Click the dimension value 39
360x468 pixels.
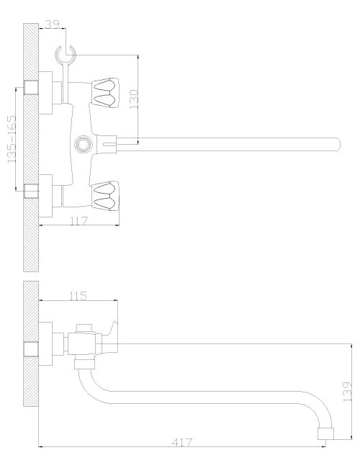point(52,24)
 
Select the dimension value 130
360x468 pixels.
point(134,99)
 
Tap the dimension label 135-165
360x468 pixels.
point(12,139)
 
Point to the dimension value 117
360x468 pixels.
point(78,221)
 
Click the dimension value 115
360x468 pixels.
point(78,296)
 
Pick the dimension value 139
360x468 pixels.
point(347,391)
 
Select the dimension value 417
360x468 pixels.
point(182,442)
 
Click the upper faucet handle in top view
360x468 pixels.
point(105,93)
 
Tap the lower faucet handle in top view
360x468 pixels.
point(105,196)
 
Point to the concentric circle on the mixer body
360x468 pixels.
point(83,144)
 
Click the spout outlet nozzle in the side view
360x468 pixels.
point(325,433)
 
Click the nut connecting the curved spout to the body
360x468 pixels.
point(84,364)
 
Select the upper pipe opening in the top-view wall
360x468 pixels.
point(31,87)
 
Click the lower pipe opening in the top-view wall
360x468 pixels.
point(31,191)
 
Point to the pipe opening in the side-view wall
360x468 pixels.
point(31,349)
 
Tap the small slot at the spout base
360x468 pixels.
point(109,145)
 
